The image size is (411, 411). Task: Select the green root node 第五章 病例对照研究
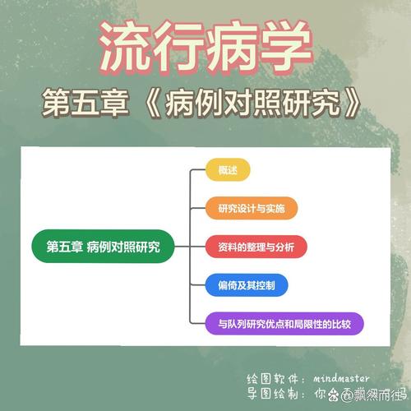point(104,247)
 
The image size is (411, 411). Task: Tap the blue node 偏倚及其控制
point(247,285)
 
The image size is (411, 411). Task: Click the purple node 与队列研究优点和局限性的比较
point(284,323)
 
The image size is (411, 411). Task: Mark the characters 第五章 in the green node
point(60,247)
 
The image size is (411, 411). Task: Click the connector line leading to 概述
point(197,171)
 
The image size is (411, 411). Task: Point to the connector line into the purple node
point(197,323)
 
